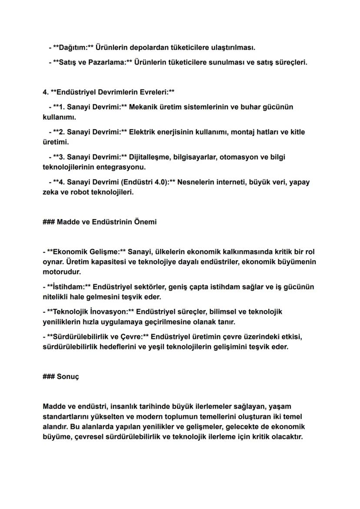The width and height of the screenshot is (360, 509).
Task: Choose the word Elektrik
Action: tap(149, 132)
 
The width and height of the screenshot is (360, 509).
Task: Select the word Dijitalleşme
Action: tap(152, 157)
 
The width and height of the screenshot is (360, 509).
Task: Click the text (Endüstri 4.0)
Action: tap(143, 182)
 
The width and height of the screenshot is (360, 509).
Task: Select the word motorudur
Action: tap(62, 272)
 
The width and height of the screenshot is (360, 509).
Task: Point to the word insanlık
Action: tap(129, 406)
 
